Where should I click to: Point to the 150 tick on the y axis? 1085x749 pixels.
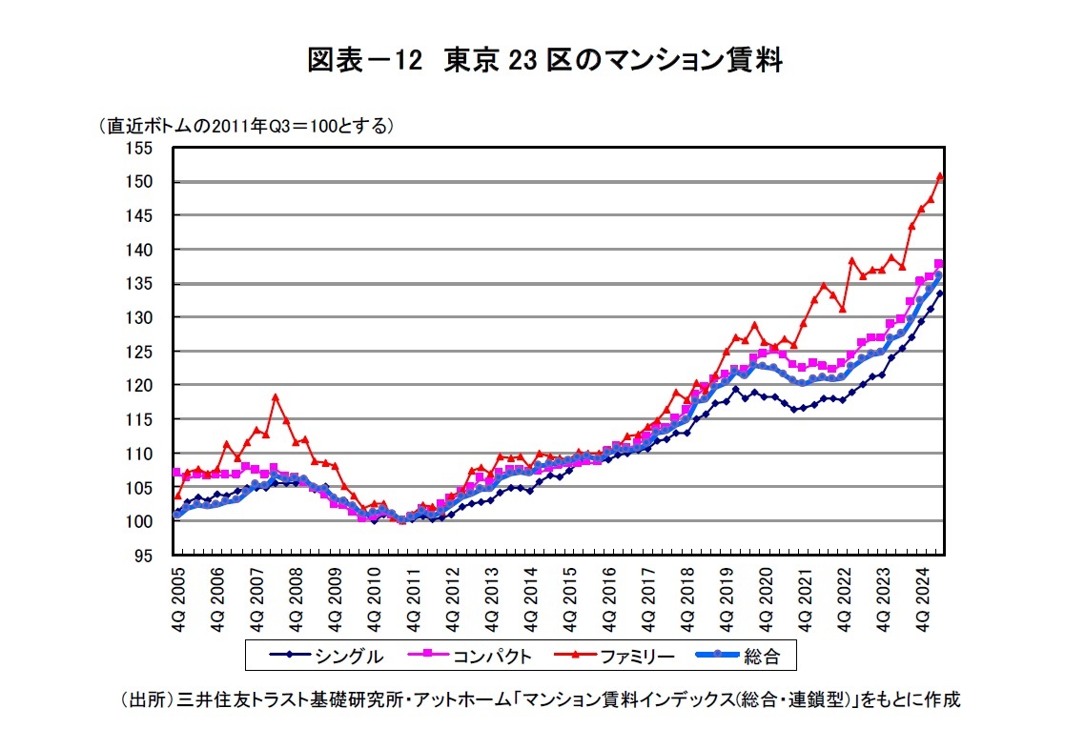click(140, 182)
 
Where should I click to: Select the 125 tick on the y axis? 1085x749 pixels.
click(140, 352)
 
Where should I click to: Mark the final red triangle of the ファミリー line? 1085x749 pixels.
click(940, 175)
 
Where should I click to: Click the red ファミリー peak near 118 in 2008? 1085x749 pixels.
click(276, 396)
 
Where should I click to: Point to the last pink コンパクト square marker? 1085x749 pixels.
click(939, 264)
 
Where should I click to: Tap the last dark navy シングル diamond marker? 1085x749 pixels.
click(940, 294)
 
